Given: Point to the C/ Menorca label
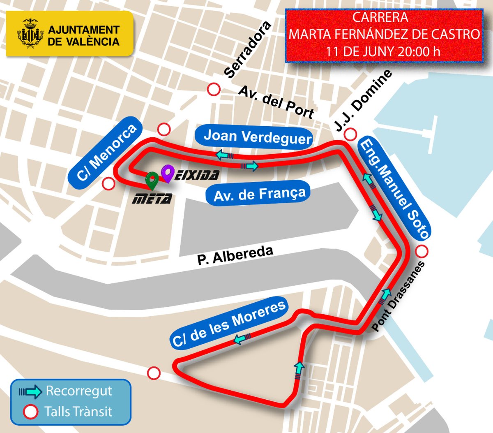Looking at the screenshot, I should [x=107, y=153].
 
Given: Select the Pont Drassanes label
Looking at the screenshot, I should [x=399, y=296].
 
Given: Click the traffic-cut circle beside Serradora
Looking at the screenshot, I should [x=214, y=89].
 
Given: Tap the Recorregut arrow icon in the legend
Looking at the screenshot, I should [x=30, y=391].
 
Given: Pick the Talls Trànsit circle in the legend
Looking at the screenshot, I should [x=30, y=411].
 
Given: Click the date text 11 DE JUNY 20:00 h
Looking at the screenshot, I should [x=383, y=51].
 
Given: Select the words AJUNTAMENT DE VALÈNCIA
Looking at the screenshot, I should [x=83, y=36].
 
